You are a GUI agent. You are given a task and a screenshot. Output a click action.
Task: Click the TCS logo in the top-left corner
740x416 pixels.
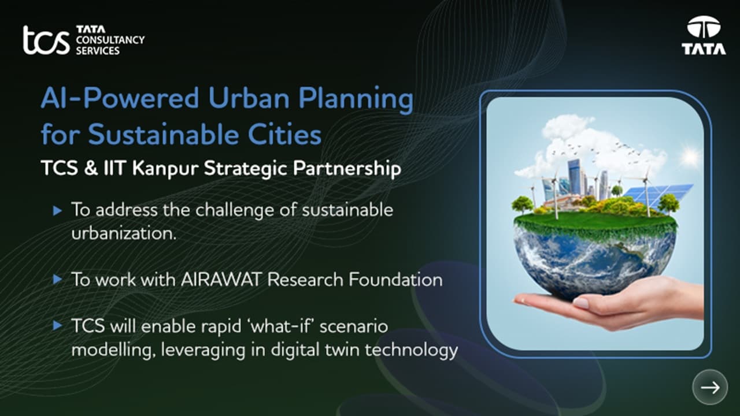pos(46,40)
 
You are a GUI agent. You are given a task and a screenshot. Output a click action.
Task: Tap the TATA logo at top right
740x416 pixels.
pos(703,36)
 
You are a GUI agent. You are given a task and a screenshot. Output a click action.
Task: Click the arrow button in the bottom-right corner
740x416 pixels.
pos(710,387)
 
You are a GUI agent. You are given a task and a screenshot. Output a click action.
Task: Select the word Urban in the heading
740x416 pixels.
pos(249,99)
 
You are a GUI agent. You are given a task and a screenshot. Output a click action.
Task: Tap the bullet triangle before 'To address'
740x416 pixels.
pos(57,211)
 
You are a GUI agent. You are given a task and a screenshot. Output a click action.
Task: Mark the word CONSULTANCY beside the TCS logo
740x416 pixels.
pos(110,40)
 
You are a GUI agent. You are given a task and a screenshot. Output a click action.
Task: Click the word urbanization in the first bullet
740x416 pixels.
pos(123,234)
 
